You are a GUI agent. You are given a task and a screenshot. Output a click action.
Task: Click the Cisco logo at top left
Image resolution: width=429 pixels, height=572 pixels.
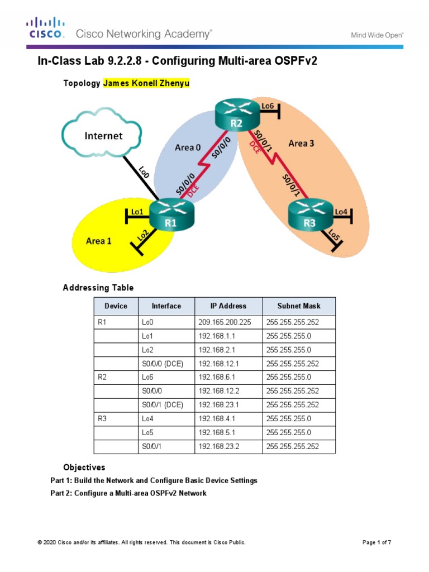pos(46,28)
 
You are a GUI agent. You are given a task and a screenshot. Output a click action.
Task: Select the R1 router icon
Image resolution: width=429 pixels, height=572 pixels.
pos(171,215)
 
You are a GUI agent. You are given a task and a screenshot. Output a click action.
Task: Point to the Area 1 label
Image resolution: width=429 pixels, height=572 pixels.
pos(98,241)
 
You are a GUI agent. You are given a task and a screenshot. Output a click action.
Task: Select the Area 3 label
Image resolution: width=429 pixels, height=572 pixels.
pos(301,144)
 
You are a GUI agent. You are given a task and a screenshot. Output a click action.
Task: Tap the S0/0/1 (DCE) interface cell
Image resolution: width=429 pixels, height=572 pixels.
pos(162,405)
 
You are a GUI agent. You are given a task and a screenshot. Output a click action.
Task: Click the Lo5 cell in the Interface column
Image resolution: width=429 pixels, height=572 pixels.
pos(147,432)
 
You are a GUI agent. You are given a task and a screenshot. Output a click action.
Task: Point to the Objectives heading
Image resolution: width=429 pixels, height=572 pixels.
pos(84,467)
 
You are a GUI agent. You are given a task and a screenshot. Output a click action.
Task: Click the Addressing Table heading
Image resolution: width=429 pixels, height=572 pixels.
pos(98,288)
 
